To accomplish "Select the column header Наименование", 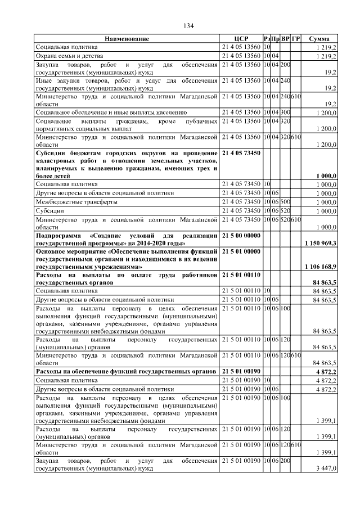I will click(x=127, y=39).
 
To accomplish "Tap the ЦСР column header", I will click(x=241, y=39).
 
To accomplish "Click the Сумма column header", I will click(x=319, y=39).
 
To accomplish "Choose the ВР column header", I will click(x=286, y=39).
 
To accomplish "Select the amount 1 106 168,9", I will click(x=320, y=266).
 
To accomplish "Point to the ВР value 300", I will click(x=285, y=112).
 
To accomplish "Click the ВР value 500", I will click(x=285, y=201).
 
